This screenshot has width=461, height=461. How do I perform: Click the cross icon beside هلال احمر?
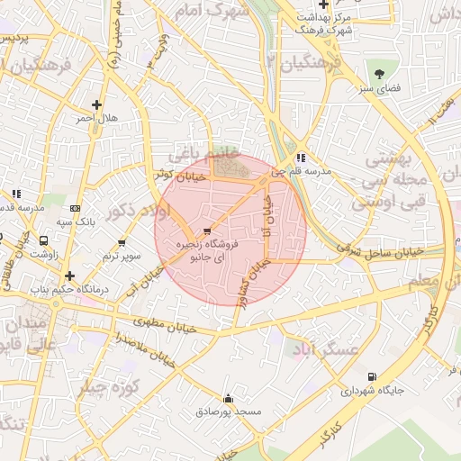[96, 104]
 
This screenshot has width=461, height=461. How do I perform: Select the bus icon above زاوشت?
[43, 241]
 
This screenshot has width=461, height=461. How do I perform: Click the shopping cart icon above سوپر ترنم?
[122, 243]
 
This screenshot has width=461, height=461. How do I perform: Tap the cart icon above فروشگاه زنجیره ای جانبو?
[209, 230]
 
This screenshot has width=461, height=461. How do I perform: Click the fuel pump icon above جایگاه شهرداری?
[373, 377]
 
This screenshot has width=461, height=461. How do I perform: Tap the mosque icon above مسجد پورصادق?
[228, 398]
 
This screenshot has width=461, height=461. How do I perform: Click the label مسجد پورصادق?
[228, 411]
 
